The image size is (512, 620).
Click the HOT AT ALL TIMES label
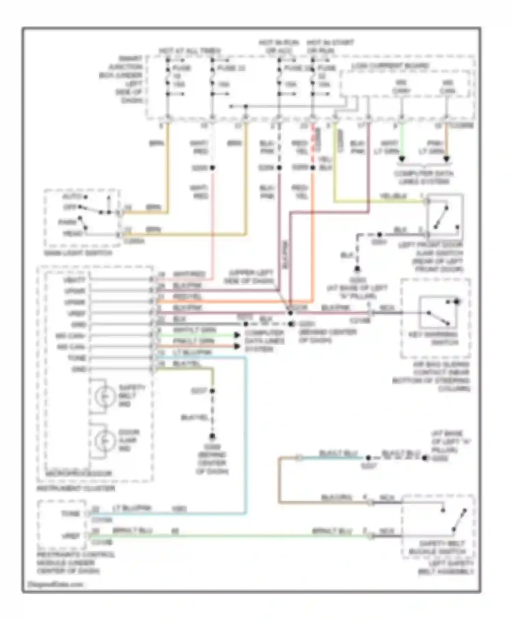tap(190, 51)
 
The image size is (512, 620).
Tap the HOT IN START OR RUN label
tap(330, 47)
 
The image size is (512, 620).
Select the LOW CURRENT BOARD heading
tap(390, 66)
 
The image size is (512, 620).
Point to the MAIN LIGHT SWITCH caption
tap(78, 253)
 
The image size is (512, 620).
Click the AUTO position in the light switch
tap(71, 197)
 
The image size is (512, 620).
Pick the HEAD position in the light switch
tap(73, 234)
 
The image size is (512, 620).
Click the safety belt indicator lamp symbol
tap(104, 396)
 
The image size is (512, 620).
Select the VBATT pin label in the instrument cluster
tap(75, 280)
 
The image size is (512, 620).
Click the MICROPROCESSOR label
tap(79, 474)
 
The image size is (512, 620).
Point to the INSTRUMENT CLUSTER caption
tap(75, 488)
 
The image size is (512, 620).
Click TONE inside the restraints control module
tap(70, 514)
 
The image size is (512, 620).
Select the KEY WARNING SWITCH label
tap(433, 338)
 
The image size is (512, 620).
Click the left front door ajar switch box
tap(445, 217)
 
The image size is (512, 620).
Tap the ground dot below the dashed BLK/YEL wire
tap(212, 436)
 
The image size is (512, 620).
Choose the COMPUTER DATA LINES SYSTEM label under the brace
tap(424, 177)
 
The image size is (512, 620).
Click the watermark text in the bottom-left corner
tap(55, 584)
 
